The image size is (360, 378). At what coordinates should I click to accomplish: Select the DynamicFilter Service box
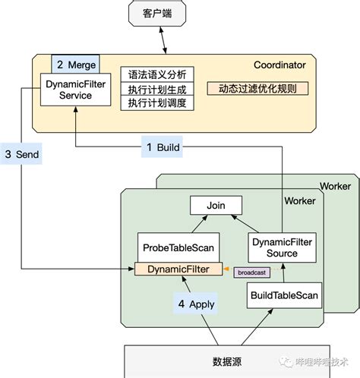coord(68,90)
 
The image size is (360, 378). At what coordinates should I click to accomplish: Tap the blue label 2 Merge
coord(73,66)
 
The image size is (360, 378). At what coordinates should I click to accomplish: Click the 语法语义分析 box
coord(157,74)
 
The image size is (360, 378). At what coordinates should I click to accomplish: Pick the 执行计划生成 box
coord(157,90)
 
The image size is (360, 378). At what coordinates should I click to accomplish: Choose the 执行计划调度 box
coord(157,103)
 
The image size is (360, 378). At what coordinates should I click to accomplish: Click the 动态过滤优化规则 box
coord(252,89)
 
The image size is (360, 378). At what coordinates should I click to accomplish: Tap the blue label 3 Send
coord(22,154)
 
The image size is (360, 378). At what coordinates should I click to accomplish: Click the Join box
coord(216,205)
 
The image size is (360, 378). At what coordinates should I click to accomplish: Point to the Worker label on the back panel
coord(334,186)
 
